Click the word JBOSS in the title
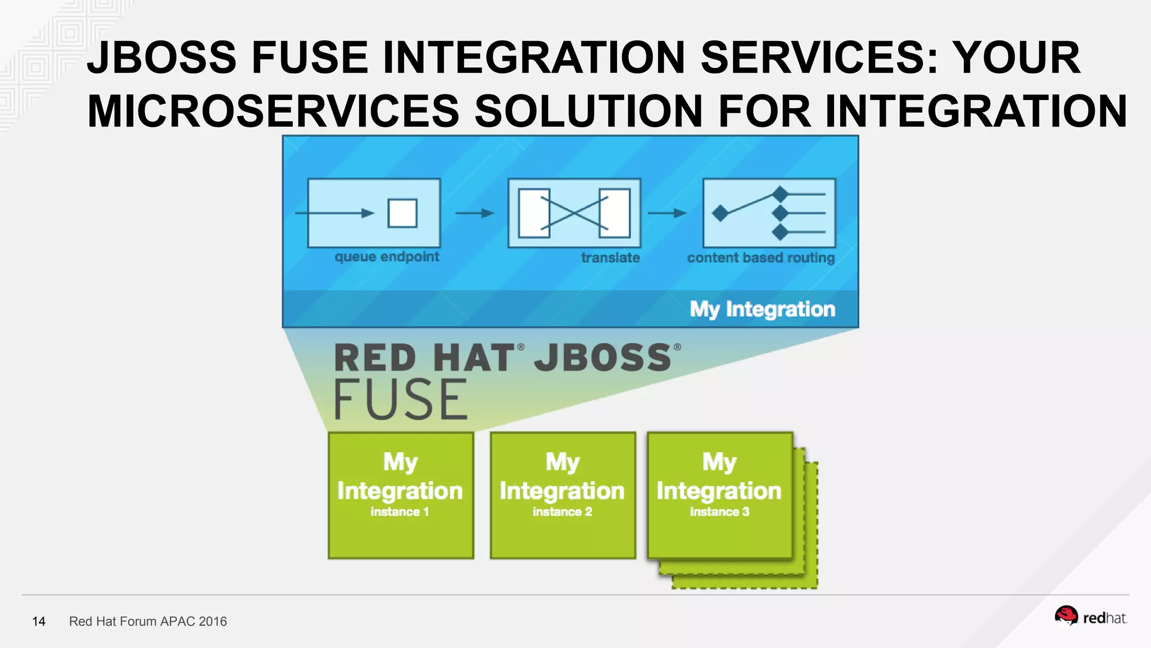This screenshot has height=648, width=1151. [162, 57]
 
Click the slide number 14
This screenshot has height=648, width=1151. [39, 622]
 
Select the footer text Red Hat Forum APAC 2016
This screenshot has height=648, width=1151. [148, 622]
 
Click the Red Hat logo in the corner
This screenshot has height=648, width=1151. [1090, 617]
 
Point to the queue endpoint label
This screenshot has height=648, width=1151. [387, 257]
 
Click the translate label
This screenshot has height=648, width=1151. [610, 258]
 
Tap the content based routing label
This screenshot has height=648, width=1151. [760, 258]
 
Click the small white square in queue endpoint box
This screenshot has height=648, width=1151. [402, 213]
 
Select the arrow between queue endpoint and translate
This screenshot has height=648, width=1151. [474, 213]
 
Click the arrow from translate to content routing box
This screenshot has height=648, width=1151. [667, 213]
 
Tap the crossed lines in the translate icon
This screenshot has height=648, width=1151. [574, 213]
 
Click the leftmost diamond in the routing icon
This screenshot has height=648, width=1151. [720, 213]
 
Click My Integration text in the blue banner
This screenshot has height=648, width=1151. [762, 309]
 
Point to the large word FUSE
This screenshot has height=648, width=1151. [401, 399]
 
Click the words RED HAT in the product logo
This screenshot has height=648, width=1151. [424, 358]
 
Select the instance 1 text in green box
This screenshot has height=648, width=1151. [400, 512]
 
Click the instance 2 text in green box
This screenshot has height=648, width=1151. [562, 512]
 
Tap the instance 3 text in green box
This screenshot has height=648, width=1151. [719, 512]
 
